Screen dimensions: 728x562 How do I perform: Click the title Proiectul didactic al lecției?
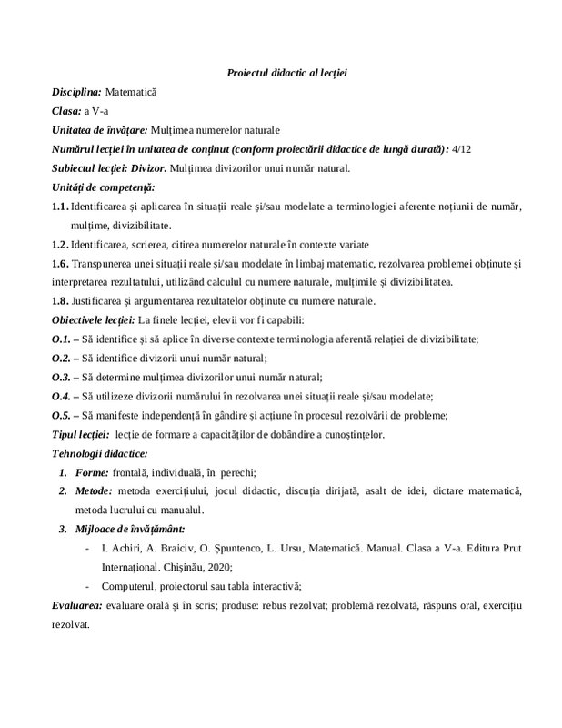click(280, 73)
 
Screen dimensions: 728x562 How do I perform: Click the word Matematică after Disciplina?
click(132, 92)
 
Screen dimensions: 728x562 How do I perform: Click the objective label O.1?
click(61, 339)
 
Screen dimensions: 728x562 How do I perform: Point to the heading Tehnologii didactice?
click(99, 453)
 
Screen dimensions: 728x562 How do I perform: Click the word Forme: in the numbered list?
click(93, 472)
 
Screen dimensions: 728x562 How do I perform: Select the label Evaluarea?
click(77, 605)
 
